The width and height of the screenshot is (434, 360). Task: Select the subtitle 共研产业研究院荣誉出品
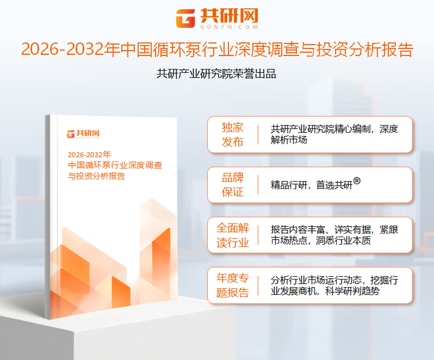(216, 74)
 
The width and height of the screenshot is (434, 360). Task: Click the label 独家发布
(233, 135)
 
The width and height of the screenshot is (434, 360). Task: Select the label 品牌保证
(233, 185)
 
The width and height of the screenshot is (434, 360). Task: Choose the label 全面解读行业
(233, 236)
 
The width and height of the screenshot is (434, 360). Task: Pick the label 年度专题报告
(233, 285)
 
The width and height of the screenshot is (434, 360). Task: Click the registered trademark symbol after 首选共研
(357, 181)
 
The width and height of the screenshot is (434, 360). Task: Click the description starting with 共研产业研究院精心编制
(334, 134)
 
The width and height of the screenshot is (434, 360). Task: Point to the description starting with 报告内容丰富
(334, 235)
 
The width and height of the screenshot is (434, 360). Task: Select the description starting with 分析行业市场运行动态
(334, 285)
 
